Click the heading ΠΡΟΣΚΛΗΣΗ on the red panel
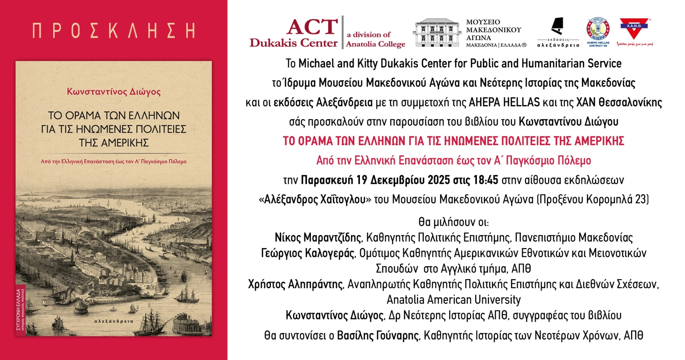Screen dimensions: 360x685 [114, 30]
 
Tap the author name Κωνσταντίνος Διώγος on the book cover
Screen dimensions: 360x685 [114, 92]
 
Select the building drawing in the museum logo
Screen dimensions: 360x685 [436, 32]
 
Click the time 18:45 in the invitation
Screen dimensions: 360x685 [486, 180]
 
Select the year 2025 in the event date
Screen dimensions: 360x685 [439, 180]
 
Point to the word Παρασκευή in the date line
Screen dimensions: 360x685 [327, 180]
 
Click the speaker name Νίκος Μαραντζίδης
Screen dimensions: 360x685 [318, 238]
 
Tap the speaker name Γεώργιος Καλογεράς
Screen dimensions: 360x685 [307, 253]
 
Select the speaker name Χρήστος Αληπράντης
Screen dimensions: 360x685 [296, 284]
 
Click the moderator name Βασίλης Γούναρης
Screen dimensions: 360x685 [378, 335]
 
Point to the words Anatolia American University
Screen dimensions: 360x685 [454, 300]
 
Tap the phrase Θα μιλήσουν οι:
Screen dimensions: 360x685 [454, 222]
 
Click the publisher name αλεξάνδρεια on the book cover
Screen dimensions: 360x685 [114, 321]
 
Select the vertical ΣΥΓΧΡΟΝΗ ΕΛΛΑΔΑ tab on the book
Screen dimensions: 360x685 [20, 309]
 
